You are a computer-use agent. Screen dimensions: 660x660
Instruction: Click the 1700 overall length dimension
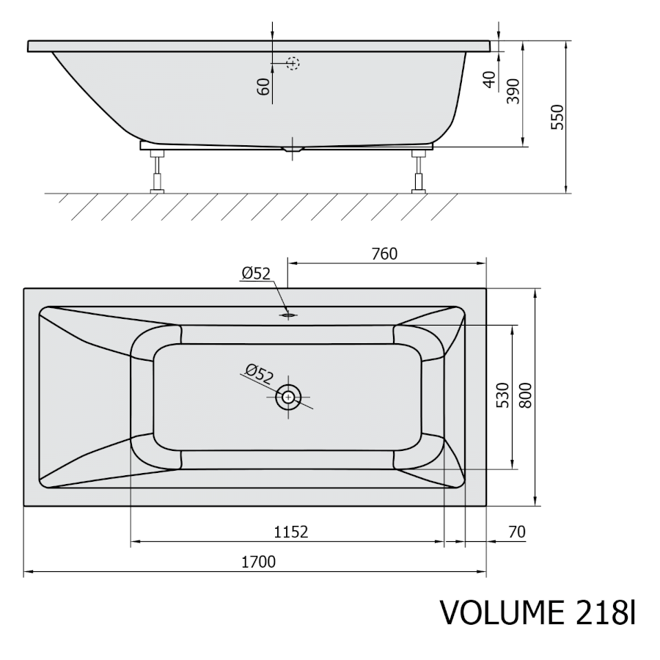(258, 562)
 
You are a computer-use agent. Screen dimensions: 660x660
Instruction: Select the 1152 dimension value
(291, 532)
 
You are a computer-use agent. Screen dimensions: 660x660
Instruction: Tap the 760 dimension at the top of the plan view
(384, 254)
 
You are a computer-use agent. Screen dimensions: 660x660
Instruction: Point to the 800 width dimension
(525, 396)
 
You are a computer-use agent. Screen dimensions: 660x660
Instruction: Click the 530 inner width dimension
(502, 396)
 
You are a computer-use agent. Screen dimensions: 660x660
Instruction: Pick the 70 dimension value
(517, 532)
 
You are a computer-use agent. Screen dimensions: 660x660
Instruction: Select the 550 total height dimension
(557, 117)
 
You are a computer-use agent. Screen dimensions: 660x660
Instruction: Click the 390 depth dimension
(513, 91)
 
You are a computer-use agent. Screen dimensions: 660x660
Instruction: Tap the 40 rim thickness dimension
(490, 79)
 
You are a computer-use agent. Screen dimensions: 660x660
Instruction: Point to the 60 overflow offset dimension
(263, 87)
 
